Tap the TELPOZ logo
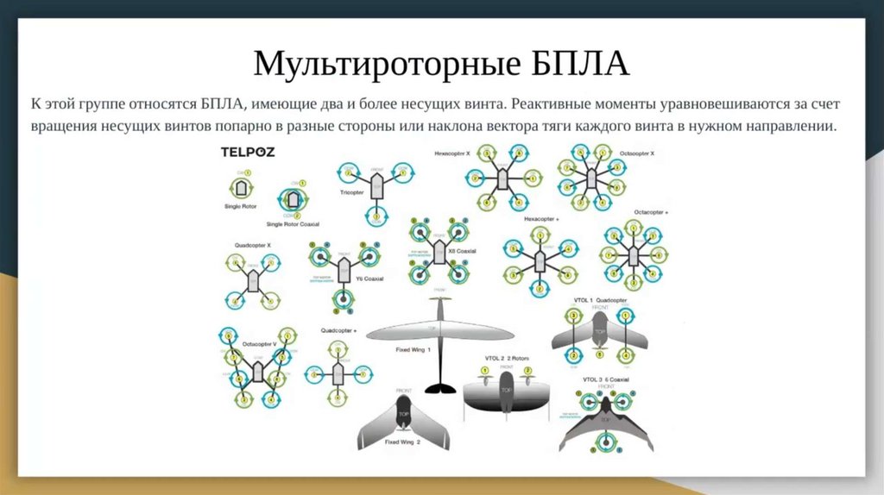pyautogui.click(x=246, y=152)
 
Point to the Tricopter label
pyautogui.click(x=351, y=192)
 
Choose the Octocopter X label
pyautogui.click(x=637, y=152)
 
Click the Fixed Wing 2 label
pyautogui.click(x=403, y=442)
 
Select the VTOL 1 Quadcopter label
pyautogui.click(x=601, y=299)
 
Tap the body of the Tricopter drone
pyautogui.click(x=377, y=185)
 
